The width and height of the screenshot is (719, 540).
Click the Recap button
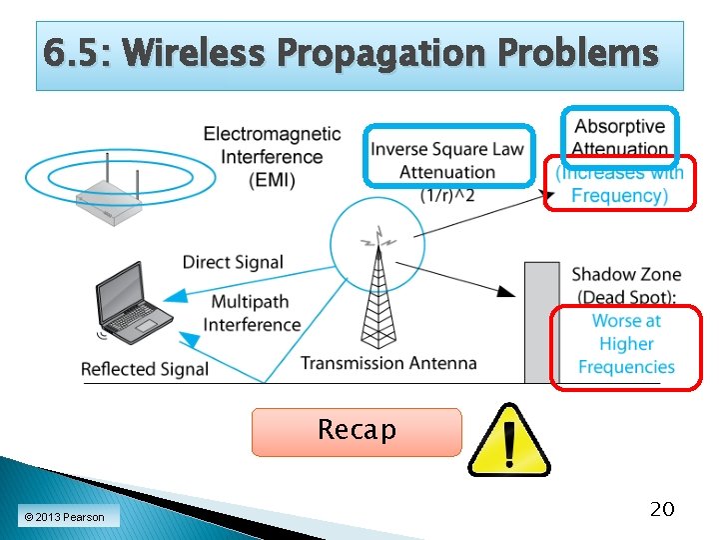pyautogui.click(x=357, y=431)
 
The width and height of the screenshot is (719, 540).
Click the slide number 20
pyautogui.click(x=661, y=509)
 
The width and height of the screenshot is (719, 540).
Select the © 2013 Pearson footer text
pyautogui.click(x=64, y=516)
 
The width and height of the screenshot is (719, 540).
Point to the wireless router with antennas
pyautogui.click(x=112, y=191)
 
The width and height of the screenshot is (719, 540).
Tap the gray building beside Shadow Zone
pyautogui.click(x=542, y=321)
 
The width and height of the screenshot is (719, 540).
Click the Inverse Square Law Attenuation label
pyautogui.click(x=446, y=160)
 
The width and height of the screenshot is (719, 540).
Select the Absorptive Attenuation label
pyautogui.click(x=620, y=138)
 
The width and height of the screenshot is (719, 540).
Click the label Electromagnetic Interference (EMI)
pyautogui.click(x=272, y=157)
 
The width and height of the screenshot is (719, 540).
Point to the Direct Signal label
pyautogui.click(x=233, y=262)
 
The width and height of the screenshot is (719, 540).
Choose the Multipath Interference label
pyautogui.click(x=252, y=313)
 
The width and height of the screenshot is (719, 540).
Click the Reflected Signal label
pyautogui.click(x=145, y=369)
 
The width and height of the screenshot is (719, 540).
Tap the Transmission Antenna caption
pyautogui.click(x=388, y=363)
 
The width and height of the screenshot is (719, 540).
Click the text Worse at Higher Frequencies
pyautogui.click(x=626, y=344)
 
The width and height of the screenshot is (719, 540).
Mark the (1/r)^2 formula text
pyautogui.click(x=446, y=194)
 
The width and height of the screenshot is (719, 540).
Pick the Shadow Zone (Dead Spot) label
pyautogui.click(x=626, y=285)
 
